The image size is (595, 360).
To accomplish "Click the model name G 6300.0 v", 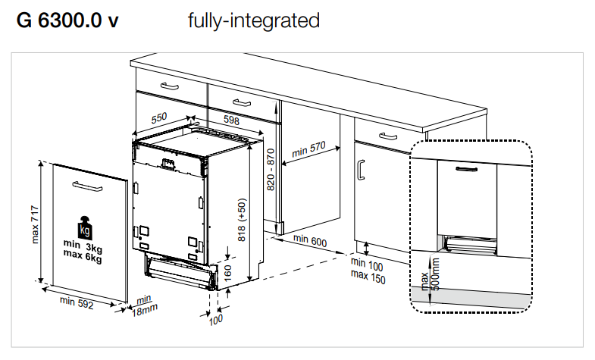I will pyautogui.click(x=67, y=20).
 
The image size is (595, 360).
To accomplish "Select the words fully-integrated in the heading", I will pyautogui.click(x=253, y=20).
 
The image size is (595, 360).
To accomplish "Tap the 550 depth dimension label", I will pyautogui.click(x=158, y=118).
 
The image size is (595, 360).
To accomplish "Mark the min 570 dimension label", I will pyautogui.click(x=308, y=149).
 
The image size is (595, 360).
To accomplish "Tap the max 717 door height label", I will pyautogui.click(x=34, y=224).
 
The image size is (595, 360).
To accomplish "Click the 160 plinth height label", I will pyautogui.click(x=227, y=271).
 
